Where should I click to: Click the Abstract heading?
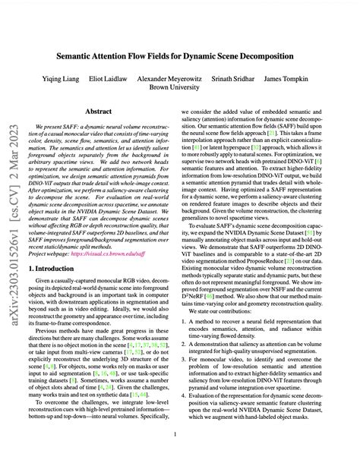coord(104,111)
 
